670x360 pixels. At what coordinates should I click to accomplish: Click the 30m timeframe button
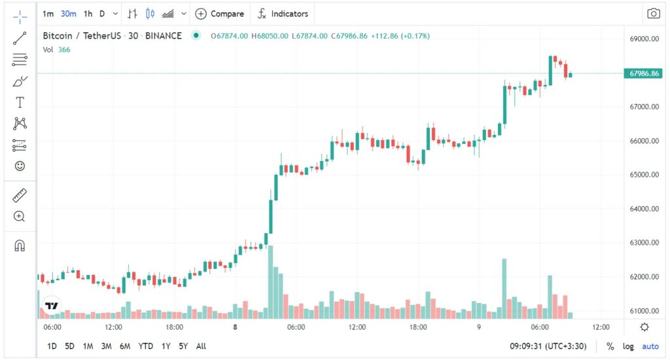[68, 13]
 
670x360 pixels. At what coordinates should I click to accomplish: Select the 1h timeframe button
[88, 13]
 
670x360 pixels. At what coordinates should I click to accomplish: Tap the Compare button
[220, 13]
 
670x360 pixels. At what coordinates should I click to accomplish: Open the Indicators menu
[283, 13]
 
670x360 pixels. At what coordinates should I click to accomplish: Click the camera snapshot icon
[653, 13]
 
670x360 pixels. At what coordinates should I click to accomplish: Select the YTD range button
[146, 346]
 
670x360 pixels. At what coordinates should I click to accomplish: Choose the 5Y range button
[184, 346]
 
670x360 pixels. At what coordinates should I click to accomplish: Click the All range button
[201, 346]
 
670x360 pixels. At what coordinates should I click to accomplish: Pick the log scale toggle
[628, 346]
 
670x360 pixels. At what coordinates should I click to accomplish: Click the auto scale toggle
[650, 346]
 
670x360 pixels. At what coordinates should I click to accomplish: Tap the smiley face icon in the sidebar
[20, 166]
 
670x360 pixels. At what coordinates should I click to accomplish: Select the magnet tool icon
[20, 245]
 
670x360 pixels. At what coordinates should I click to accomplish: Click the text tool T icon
[20, 103]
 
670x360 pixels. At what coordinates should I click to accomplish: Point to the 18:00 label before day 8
[174, 327]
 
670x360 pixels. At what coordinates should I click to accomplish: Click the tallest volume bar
[270, 281]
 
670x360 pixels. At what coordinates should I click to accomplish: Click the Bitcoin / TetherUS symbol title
[82, 35]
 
